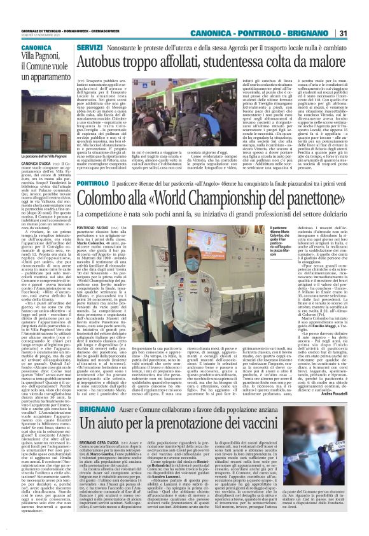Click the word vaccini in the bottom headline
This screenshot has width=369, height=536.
coord(313,423)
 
